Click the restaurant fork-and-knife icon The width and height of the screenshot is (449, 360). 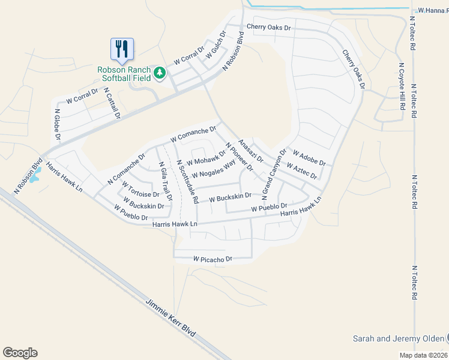pos(122,49)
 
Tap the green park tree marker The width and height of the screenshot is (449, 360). pos(159,73)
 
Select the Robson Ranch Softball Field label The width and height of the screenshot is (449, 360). pos(124,74)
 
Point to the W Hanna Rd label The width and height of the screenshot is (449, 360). pos(433,10)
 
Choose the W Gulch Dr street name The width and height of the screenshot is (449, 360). pos(214,48)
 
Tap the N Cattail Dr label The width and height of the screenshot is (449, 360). pos(112,103)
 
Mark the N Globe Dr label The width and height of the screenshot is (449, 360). pos(58,125)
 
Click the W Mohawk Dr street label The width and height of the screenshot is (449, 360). pos(205,158)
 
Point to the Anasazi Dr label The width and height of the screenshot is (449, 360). pos(251,150)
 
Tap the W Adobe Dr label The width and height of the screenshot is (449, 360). pos(309,158)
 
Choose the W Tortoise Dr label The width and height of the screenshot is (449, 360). pos(140,190)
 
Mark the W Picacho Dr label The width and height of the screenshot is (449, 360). pos(212,259)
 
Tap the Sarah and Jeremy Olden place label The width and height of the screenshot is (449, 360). pos(398,338)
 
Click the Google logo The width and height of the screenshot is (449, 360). pos(20,353)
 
